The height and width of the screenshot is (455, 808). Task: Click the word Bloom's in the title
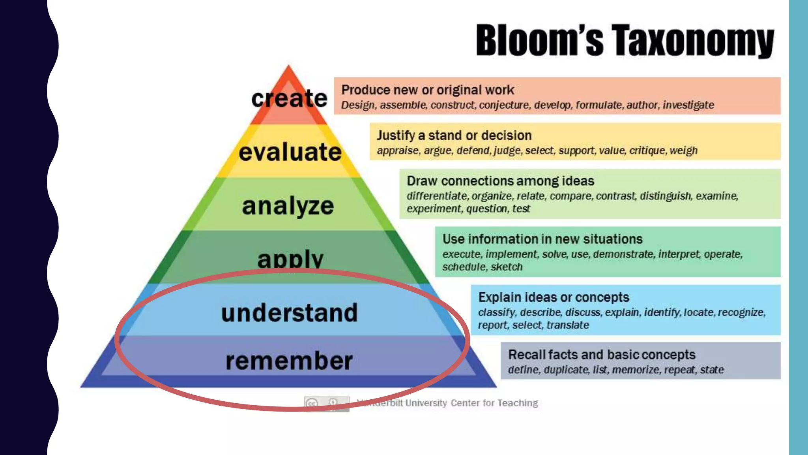click(539, 40)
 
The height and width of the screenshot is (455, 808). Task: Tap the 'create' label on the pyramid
click(289, 98)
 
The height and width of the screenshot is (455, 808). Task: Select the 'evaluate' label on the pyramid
click(290, 152)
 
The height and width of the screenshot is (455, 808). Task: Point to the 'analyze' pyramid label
click(288, 206)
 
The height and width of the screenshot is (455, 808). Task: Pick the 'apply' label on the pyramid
click(290, 259)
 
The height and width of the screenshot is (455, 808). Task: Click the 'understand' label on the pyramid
click(289, 312)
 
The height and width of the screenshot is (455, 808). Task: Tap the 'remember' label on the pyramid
click(289, 361)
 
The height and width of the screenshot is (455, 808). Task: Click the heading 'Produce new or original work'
click(428, 90)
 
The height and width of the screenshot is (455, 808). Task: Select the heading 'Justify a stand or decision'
click(454, 135)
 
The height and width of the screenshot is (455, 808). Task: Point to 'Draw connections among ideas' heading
click(500, 181)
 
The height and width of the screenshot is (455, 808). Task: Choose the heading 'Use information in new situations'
click(542, 239)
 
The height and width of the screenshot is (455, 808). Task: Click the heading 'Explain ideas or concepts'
click(554, 297)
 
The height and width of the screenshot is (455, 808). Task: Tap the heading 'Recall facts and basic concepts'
click(602, 355)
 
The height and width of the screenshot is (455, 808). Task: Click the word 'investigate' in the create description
click(688, 105)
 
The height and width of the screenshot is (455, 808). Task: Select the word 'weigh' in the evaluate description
click(683, 150)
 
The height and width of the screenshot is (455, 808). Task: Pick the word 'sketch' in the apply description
click(507, 267)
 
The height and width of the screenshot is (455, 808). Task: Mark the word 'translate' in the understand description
click(568, 325)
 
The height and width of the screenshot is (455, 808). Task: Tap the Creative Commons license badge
click(327, 403)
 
